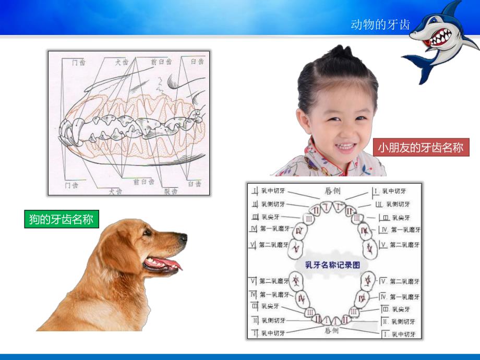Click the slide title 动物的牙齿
tap(380, 25)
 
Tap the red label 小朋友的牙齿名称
tap(421, 148)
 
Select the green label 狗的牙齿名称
tap(62, 219)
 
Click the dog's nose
tap(184, 238)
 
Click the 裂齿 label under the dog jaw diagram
tap(171, 191)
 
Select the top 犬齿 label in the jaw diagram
tap(122, 62)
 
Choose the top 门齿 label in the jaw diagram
tap(79, 62)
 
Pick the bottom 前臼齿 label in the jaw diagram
tap(143, 182)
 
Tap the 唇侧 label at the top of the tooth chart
tap(333, 192)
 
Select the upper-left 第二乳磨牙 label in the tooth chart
tap(272, 244)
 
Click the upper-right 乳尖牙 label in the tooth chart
tap(400, 217)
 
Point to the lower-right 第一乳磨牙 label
tap(405, 296)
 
